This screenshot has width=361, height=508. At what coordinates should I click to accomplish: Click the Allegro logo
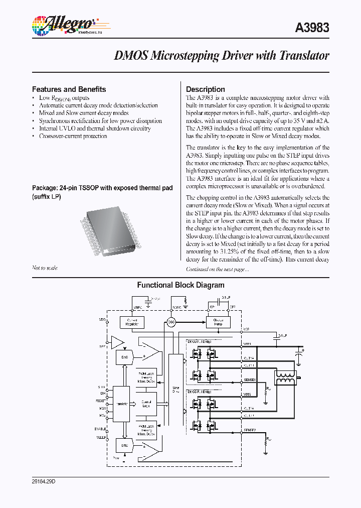pyautogui.click(x=62, y=23)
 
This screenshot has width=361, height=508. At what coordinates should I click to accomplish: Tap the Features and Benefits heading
pyautogui.click(x=69, y=89)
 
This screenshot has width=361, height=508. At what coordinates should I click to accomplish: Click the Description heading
pyautogui.click(x=205, y=89)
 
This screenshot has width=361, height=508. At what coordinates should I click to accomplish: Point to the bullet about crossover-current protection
pyautogui.click(x=73, y=136)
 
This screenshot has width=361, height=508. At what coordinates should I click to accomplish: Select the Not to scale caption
pyautogui.click(x=45, y=268)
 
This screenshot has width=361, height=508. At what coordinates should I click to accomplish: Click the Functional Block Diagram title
pyautogui.click(x=180, y=285)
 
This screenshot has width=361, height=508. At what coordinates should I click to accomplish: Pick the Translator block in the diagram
pyautogui.click(x=122, y=404)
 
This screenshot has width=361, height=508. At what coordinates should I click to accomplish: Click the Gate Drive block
pyautogui.click(x=175, y=389)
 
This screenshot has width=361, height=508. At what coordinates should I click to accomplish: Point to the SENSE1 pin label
pyautogui.click(x=250, y=380)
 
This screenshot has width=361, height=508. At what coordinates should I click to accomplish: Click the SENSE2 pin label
pyautogui.click(x=250, y=430)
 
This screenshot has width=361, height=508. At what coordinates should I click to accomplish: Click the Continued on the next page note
pyautogui.click(x=217, y=270)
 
